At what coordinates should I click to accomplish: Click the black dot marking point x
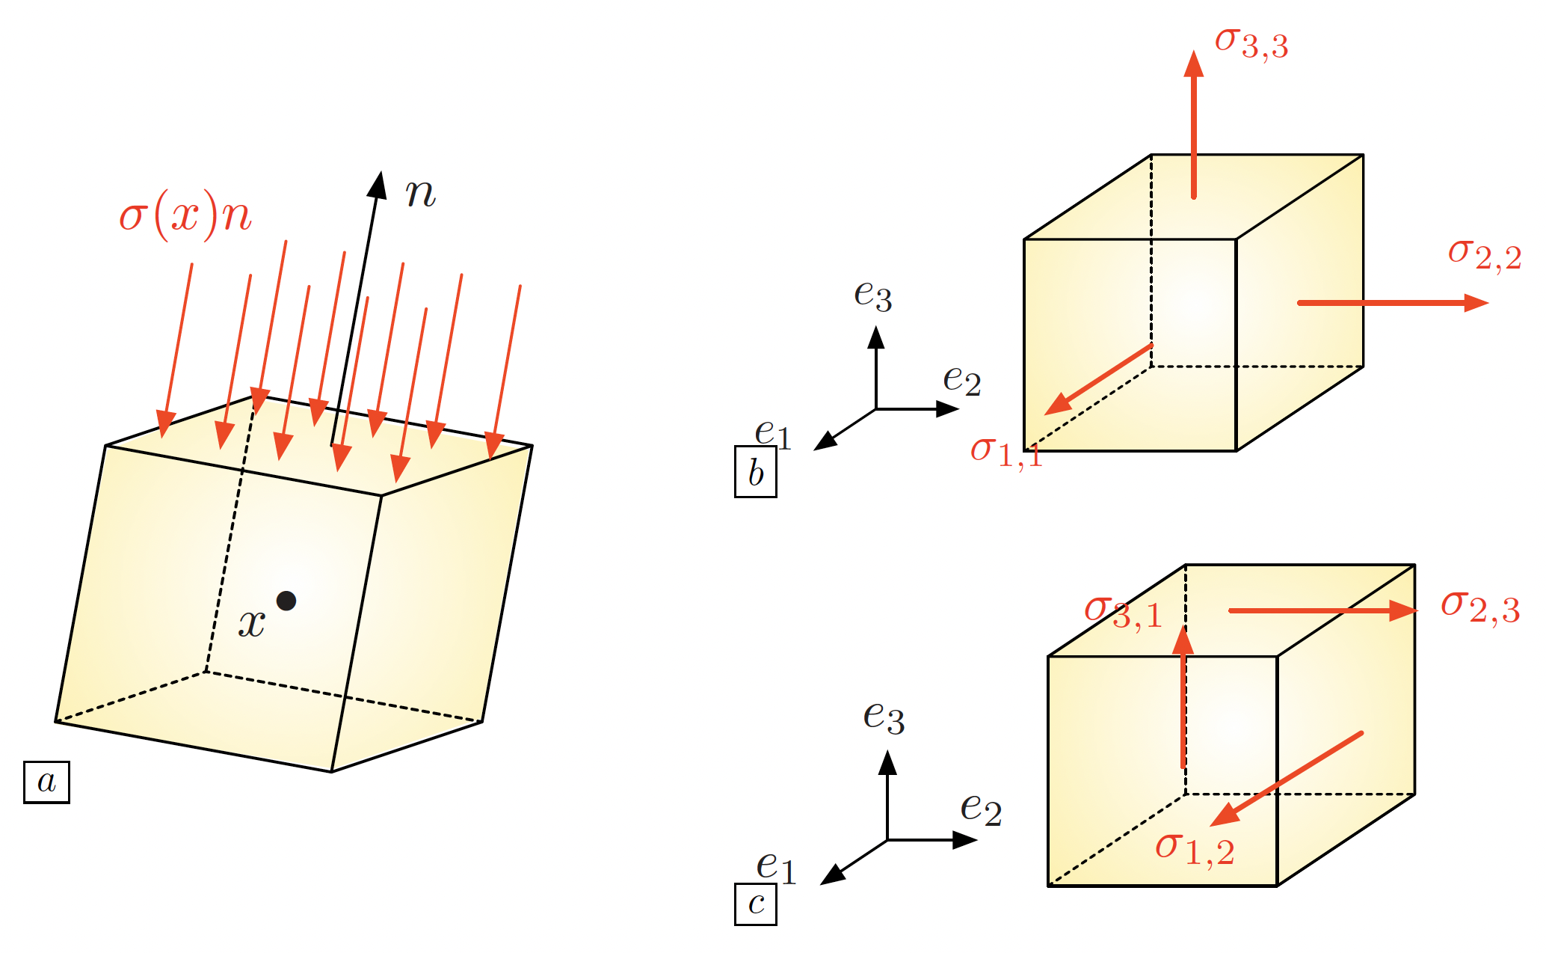click(286, 600)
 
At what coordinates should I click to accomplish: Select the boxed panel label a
click(46, 782)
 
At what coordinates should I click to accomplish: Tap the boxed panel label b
click(755, 472)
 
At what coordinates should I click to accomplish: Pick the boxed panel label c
click(755, 904)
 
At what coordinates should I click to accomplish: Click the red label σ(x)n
click(185, 217)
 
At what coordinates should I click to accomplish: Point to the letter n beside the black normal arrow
click(420, 193)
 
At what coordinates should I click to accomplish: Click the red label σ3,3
click(1251, 43)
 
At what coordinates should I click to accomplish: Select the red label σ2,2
click(1484, 254)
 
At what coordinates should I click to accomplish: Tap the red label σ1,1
click(1006, 451)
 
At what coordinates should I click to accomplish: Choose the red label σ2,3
click(1479, 607)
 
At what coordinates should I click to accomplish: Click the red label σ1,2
click(1194, 849)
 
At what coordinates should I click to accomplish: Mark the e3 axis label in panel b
click(872, 295)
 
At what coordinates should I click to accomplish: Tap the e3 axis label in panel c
click(884, 717)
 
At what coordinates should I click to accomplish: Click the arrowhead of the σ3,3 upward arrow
click(1193, 64)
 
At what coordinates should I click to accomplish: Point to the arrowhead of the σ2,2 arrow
click(1476, 303)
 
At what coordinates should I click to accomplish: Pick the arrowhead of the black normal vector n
click(378, 184)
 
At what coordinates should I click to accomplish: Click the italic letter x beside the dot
click(252, 622)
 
